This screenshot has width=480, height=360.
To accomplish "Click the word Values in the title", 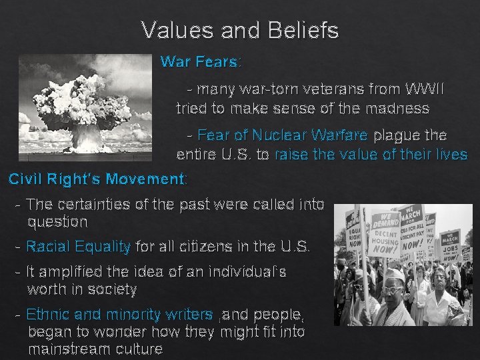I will tap(172, 30).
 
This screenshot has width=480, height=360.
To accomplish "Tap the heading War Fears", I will tap(200, 62).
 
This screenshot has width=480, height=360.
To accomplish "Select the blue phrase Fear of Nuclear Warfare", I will tap(282, 135).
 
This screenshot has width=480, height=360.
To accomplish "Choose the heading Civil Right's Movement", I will tap(97, 179).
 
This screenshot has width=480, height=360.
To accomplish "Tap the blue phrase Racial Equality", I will tap(78, 247).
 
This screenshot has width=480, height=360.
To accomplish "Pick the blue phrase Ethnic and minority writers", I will tap(119, 314).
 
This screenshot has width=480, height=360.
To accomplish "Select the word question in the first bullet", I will tap(57, 221).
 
